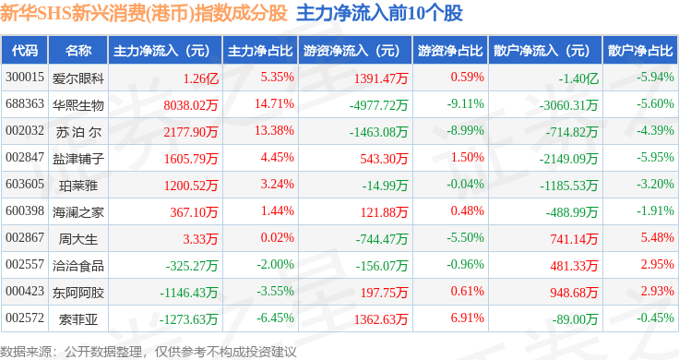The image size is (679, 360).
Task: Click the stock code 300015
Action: coord(25,78)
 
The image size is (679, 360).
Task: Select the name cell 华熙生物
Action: coord(78,105)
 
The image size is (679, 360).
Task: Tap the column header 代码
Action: coord(25,51)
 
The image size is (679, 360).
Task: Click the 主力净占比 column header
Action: coord(260,51)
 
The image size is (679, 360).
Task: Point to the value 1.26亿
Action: coord(200,78)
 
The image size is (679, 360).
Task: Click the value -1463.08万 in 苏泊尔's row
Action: coord(378,132)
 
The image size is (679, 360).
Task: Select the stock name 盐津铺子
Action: coord(78,159)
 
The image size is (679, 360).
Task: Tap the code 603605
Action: coord(25,184)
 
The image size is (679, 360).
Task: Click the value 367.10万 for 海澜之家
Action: coord(194,212)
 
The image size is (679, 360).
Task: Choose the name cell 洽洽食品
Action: coord(78,266)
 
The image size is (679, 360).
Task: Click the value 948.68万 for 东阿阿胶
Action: coord(574,293)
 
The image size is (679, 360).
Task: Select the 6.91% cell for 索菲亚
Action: coord(467,318)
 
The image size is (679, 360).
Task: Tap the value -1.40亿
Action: coord(578,78)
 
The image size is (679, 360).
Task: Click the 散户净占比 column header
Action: coord(640,51)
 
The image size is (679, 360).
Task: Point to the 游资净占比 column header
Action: coord(450,51)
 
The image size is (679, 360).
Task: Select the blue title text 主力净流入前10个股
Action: coord(379,14)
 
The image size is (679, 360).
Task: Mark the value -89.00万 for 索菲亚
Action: coord(575,319)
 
